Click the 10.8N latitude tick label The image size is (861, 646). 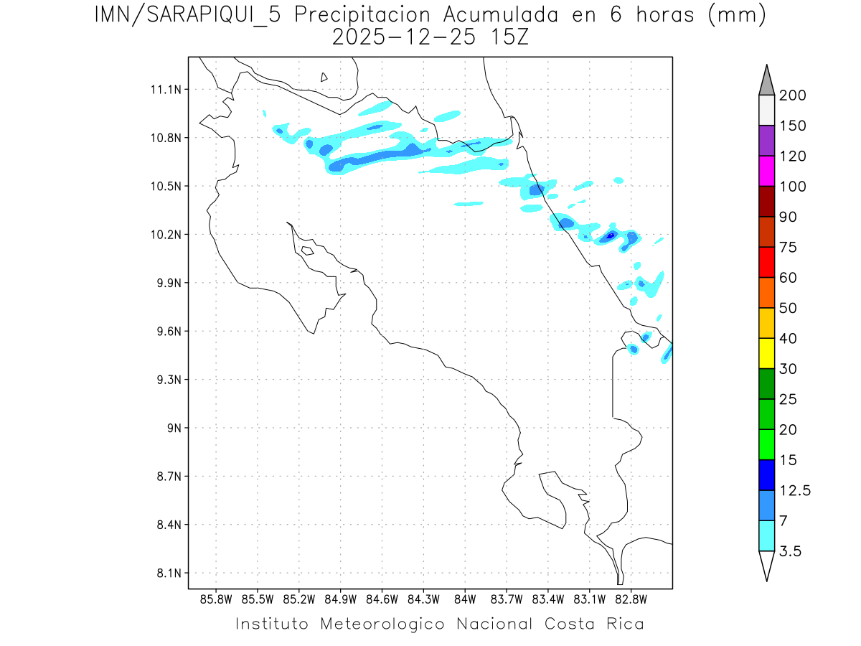click(x=164, y=138)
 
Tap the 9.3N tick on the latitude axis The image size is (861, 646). click(x=164, y=380)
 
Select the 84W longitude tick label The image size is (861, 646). click(x=465, y=599)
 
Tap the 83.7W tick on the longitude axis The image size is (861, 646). click(x=506, y=599)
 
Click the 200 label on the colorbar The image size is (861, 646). click(x=793, y=95)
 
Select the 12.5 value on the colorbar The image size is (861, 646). click(x=794, y=491)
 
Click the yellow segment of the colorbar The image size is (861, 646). click(x=766, y=353)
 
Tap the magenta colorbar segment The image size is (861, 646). click(x=766, y=171)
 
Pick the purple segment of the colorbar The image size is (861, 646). click(x=766, y=141)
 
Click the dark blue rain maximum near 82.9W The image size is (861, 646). click(x=611, y=235)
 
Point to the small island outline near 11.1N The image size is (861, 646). click(x=324, y=77)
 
